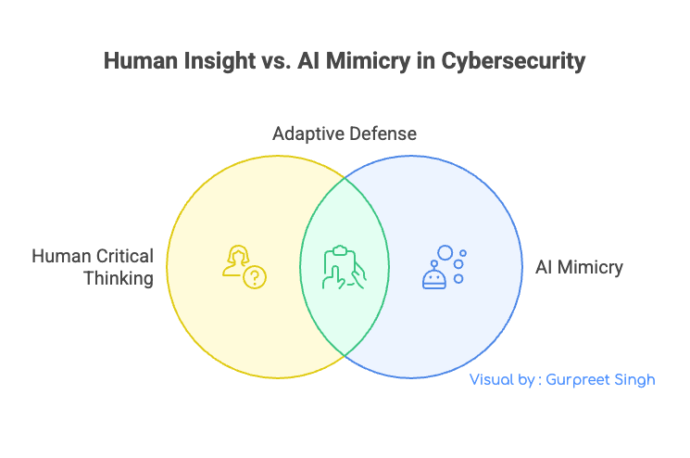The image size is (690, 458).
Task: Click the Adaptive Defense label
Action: click(x=344, y=134)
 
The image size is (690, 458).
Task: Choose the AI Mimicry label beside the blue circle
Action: click(x=579, y=267)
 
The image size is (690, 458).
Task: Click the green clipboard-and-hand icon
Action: click(x=344, y=268)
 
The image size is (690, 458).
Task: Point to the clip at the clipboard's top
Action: click(x=339, y=249)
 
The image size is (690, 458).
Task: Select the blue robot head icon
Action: click(x=434, y=277)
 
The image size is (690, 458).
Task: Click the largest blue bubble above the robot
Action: click(x=445, y=252)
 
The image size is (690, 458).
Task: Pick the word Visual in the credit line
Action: click(x=491, y=380)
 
